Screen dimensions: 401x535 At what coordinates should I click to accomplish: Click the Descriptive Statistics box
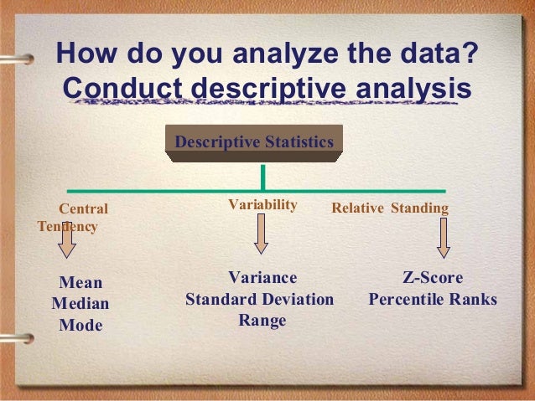point(253,141)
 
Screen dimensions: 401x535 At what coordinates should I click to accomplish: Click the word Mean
point(81,283)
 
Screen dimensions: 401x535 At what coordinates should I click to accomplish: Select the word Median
point(81,304)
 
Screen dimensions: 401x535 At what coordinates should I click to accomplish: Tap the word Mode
point(81,325)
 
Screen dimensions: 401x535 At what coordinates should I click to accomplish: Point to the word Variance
point(262,278)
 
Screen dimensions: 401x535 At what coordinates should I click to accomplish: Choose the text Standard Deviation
point(259,299)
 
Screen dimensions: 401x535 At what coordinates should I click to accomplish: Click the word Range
point(262,320)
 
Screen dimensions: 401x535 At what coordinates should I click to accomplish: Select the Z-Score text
point(433,278)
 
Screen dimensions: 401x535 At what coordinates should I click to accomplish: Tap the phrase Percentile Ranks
point(433,299)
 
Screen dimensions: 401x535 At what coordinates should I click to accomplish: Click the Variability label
point(262,205)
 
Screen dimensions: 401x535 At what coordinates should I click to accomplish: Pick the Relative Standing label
point(390,208)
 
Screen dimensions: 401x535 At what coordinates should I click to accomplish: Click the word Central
point(84,208)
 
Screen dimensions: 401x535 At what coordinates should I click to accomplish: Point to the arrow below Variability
point(261,234)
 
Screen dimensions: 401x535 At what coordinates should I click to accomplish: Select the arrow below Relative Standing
point(443,239)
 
